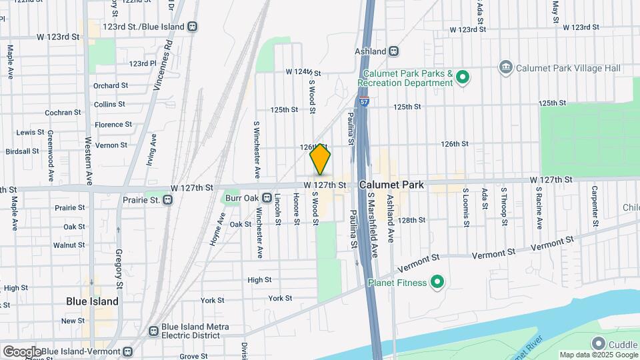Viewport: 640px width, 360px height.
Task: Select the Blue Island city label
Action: click(x=92, y=301)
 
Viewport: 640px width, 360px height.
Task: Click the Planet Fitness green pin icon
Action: click(x=437, y=283)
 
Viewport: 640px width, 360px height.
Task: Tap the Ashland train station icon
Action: click(x=394, y=51)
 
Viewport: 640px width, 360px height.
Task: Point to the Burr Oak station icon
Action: click(x=267, y=198)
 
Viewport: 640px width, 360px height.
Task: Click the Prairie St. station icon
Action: click(x=169, y=199)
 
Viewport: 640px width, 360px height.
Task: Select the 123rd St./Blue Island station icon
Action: click(x=192, y=27)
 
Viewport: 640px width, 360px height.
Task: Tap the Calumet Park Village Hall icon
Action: click(x=505, y=67)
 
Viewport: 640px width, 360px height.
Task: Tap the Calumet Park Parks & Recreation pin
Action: click(x=461, y=78)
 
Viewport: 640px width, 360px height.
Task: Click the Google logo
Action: click(x=21, y=351)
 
